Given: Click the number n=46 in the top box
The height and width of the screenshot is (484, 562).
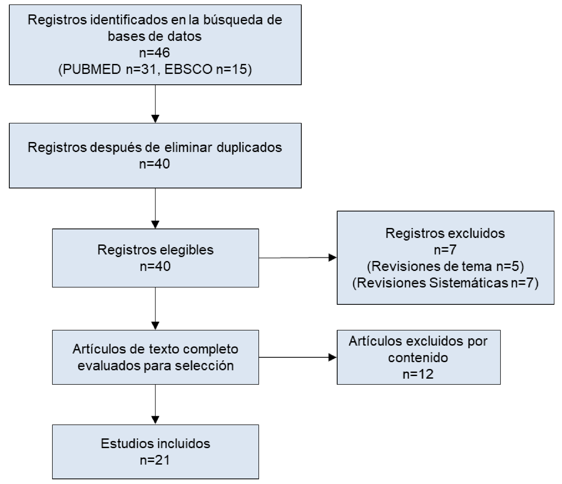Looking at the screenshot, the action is pos(155,53).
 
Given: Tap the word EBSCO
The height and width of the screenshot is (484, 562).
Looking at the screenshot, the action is pos(188,69).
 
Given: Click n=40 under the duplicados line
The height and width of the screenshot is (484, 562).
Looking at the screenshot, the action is pos(155,164).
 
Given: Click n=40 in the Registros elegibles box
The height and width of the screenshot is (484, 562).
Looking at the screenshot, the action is pos(155,267).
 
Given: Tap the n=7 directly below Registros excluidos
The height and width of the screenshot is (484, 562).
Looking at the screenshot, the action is pos(445,250).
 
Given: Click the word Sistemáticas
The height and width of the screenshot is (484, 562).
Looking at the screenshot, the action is pos(469,283).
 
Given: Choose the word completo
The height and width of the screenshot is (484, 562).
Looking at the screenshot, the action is pos(211,349).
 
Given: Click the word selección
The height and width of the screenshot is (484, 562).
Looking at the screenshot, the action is pos(204,366).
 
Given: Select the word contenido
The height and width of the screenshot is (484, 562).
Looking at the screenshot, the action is pos(418,358).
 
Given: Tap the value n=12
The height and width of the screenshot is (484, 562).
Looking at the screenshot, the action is pos(418,374).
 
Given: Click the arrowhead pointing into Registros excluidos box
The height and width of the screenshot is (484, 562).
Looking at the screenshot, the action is pos(333,258).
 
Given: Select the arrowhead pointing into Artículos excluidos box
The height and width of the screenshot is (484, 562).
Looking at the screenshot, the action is pos(333,357).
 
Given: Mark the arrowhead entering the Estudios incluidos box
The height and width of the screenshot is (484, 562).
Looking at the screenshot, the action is pos(155,420).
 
